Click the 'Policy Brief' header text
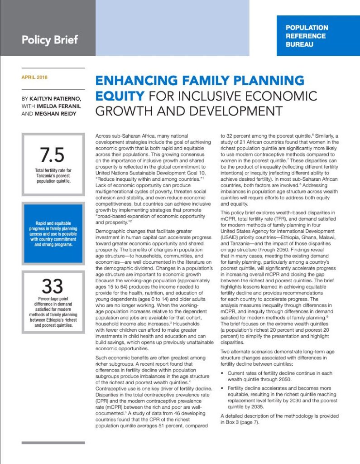50,39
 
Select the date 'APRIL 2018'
34,77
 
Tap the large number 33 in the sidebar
53,286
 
